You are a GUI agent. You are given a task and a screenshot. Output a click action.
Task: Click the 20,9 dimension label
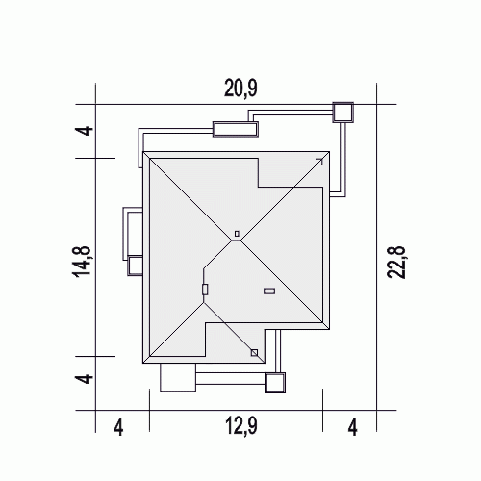click(240, 89)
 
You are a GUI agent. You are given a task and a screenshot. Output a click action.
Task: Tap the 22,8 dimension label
click(396, 263)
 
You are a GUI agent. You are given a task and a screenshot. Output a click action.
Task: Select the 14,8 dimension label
click(83, 262)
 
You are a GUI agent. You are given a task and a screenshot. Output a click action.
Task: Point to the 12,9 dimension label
click(241, 426)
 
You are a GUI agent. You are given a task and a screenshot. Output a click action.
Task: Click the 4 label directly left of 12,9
click(118, 427)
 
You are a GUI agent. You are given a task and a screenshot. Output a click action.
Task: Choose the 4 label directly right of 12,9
click(353, 427)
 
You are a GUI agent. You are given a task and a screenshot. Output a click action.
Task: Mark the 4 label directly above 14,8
click(84, 131)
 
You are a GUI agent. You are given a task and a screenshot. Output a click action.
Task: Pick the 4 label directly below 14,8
click(84, 378)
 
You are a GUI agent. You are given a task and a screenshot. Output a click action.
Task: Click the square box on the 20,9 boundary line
click(342, 113)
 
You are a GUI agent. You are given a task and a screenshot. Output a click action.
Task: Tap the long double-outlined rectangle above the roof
click(236, 129)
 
